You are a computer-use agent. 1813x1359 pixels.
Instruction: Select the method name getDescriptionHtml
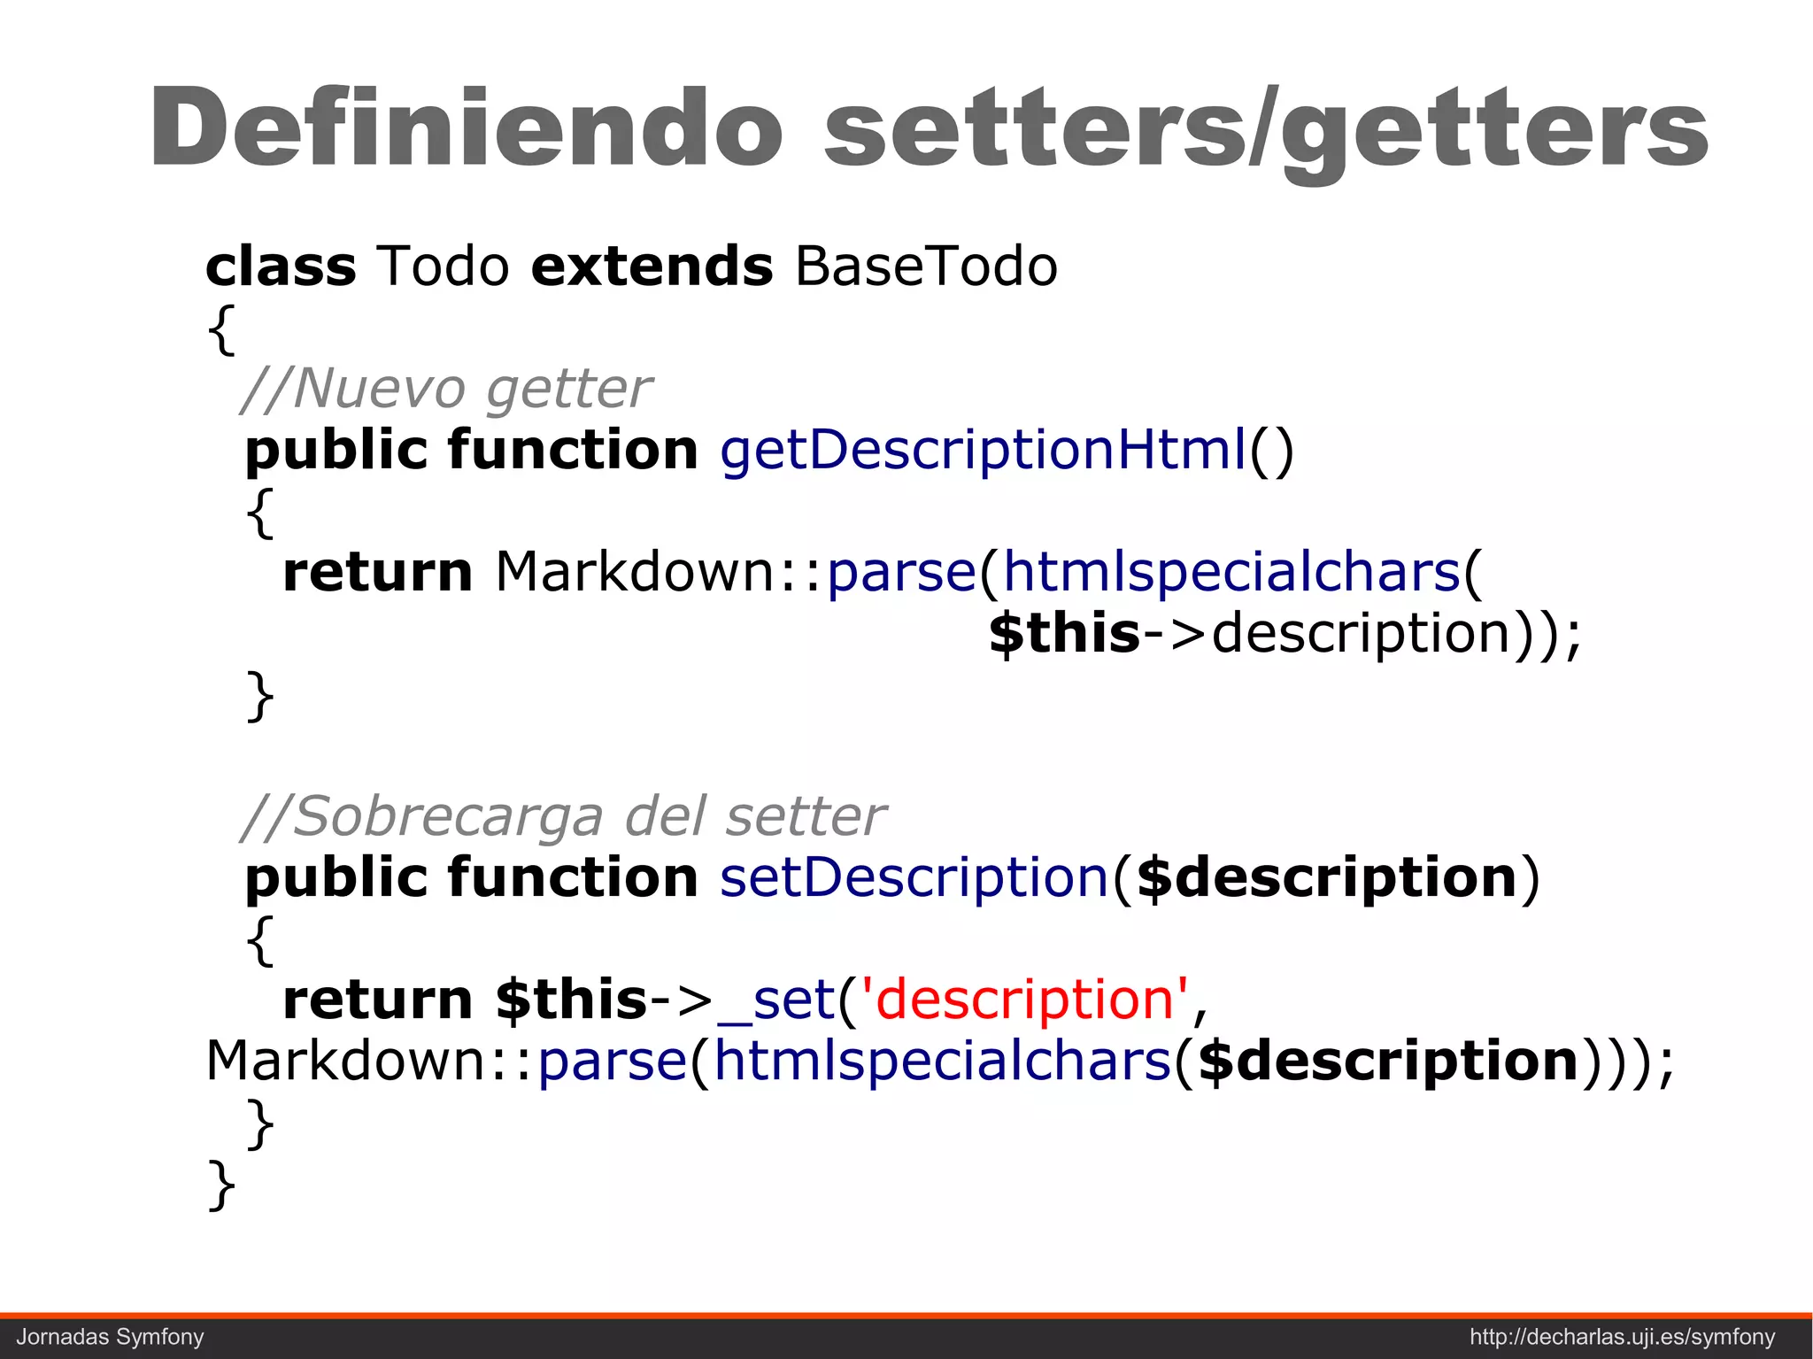(x=983, y=450)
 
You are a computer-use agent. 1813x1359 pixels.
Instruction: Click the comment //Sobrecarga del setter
(x=563, y=815)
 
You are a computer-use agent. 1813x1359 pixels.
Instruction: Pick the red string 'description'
(x=1030, y=1000)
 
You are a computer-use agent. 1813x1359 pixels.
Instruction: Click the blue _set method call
(x=776, y=1000)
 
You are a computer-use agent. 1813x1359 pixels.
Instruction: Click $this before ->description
(x=1064, y=634)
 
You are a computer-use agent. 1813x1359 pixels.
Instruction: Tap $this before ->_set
(x=572, y=1000)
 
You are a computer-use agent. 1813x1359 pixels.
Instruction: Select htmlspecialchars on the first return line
(x=1231, y=572)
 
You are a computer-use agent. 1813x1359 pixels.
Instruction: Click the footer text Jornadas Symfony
(x=111, y=1337)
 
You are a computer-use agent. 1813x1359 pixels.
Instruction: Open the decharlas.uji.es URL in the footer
(x=1623, y=1337)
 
